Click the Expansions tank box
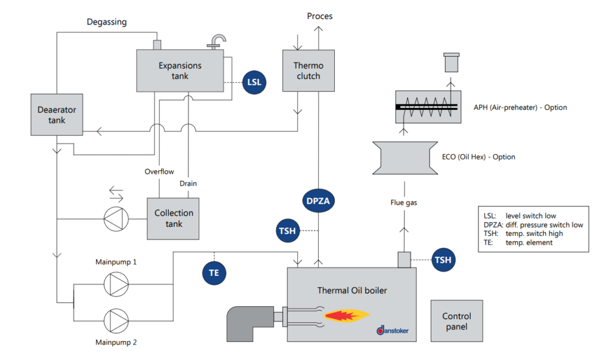pyautogui.click(x=180, y=70)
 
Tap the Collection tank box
pyautogui.click(x=174, y=219)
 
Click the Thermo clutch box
pyautogui.click(x=307, y=70)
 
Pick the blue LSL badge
pyautogui.click(x=255, y=82)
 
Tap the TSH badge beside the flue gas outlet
pyautogui.click(x=443, y=260)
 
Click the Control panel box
pyautogui.click(x=456, y=321)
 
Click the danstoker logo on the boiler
pyautogui.click(x=393, y=330)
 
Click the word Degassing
pyautogui.click(x=106, y=22)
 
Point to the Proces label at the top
pyautogui.click(x=320, y=16)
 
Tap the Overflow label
pyautogui.click(x=159, y=172)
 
